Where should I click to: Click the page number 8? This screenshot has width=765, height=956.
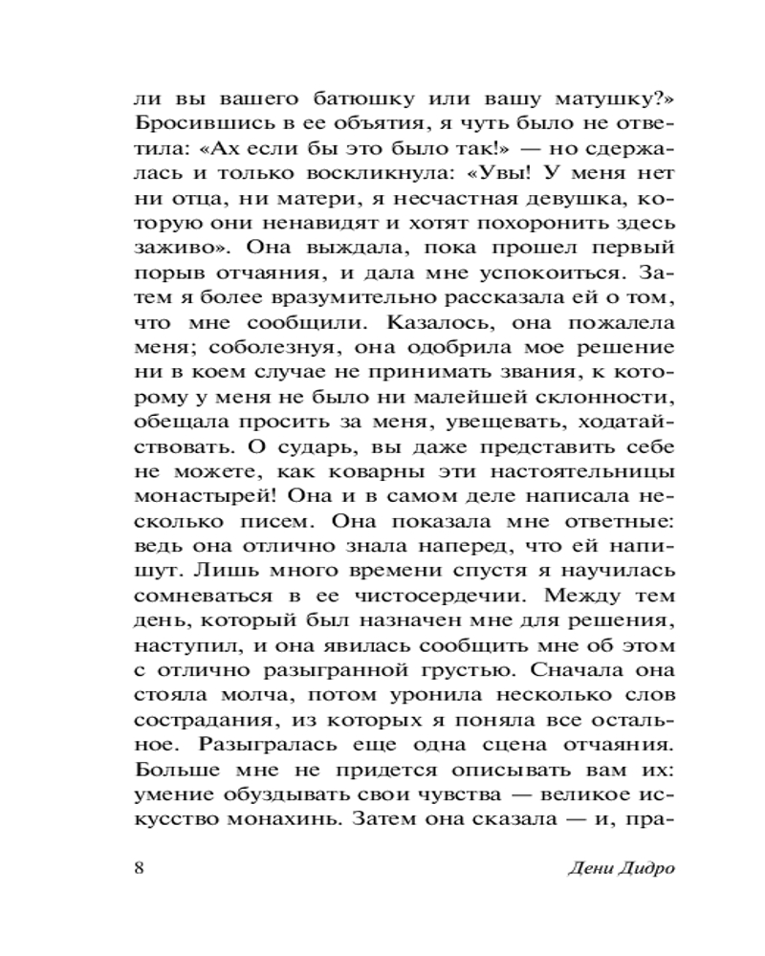pyautogui.click(x=140, y=868)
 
